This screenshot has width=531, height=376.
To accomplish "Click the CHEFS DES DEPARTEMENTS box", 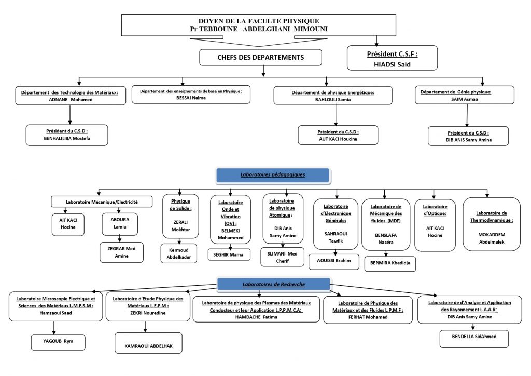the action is pyautogui.click(x=260, y=57).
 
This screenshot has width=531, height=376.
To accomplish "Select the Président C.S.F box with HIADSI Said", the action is pyautogui.click(x=392, y=58).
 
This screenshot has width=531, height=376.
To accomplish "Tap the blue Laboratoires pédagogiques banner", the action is pyautogui.click(x=273, y=176).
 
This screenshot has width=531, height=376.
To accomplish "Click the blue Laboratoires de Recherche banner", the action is pyautogui.click(x=274, y=285).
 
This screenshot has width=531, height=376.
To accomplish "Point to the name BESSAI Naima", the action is pyautogui.click(x=191, y=98).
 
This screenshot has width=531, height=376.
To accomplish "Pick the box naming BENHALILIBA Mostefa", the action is pyautogui.click(x=67, y=135).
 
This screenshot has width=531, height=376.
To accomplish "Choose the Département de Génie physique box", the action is pyautogui.click(x=465, y=95).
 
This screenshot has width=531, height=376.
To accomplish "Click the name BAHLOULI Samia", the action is pyautogui.click(x=333, y=100).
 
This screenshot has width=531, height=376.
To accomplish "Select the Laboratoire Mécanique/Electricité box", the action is pyautogui.click(x=102, y=202).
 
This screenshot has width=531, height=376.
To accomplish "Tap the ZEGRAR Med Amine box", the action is pyautogui.click(x=121, y=252).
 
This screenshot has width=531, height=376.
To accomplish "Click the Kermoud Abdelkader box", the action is pyautogui.click(x=179, y=253).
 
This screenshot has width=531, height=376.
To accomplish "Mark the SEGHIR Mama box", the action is pyautogui.click(x=229, y=254).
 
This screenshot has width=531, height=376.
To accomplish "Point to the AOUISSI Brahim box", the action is pyautogui.click(x=334, y=261).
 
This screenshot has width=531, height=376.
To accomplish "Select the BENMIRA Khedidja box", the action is pyautogui.click(x=390, y=264).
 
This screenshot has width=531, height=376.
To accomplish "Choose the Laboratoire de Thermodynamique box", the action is pyautogui.click(x=492, y=224).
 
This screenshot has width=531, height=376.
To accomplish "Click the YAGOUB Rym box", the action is pyautogui.click(x=58, y=342).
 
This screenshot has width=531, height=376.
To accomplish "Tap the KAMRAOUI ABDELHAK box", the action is pyautogui.click(x=148, y=343).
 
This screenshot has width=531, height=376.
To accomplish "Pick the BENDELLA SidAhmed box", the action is pyautogui.click(x=474, y=339).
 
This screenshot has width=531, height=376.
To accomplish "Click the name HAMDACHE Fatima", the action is pyautogui.click(x=256, y=317).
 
